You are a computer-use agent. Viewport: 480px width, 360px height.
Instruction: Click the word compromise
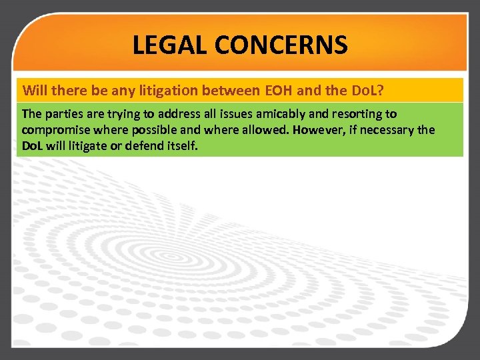(53, 129)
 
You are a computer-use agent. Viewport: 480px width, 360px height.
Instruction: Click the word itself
(185, 145)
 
